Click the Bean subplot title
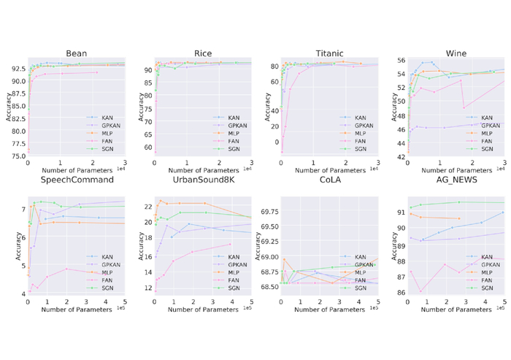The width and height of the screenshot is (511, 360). (x=77, y=53)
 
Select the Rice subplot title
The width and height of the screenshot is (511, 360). (x=203, y=53)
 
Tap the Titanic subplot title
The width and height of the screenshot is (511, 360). (x=330, y=53)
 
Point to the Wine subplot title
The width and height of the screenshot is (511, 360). (x=456, y=53)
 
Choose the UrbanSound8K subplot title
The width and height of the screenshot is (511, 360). (x=203, y=180)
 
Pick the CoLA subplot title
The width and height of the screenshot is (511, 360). (x=330, y=180)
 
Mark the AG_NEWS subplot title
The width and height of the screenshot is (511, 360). (x=456, y=180)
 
